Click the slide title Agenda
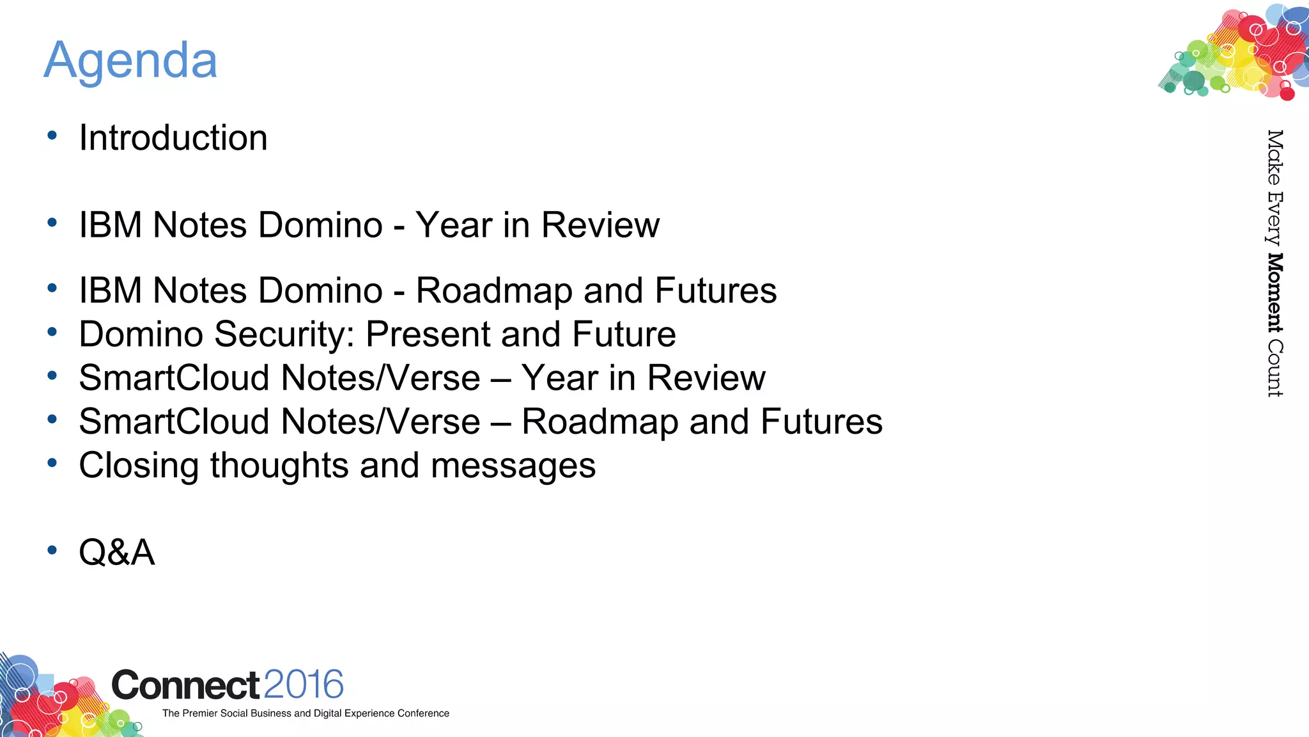click(x=130, y=61)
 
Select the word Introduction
click(x=173, y=138)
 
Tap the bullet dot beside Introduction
click(x=52, y=136)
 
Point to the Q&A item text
click(x=117, y=552)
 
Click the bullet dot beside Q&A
click(x=52, y=550)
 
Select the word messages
click(x=513, y=466)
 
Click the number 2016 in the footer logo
click(x=304, y=685)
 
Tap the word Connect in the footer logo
click(x=185, y=686)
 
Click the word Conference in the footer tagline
click(x=423, y=713)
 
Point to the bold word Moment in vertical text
click(x=1274, y=293)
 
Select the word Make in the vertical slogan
click(x=1274, y=157)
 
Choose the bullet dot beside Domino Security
click(x=52, y=332)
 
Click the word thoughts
click(x=279, y=466)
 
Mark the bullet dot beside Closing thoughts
click(x=52, y=463)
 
